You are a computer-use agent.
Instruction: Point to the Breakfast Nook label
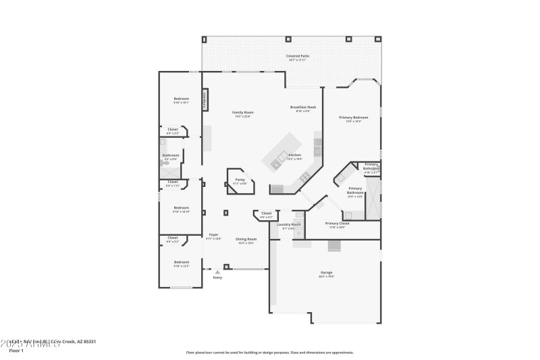[303, 107]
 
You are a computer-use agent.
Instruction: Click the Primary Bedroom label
[353, 118]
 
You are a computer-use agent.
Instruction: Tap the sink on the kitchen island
[276, 163]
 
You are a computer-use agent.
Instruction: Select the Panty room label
[240, 180]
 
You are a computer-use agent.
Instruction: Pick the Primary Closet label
[336, 224]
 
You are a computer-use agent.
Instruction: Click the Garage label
[326, 273]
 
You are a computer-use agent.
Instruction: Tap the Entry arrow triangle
[217, 272]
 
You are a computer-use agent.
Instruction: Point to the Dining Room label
[246, 239]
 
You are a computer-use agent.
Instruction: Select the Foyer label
[213, 234]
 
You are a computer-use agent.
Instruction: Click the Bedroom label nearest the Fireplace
[182, 99]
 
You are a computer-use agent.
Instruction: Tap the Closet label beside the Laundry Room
[266, 213]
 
